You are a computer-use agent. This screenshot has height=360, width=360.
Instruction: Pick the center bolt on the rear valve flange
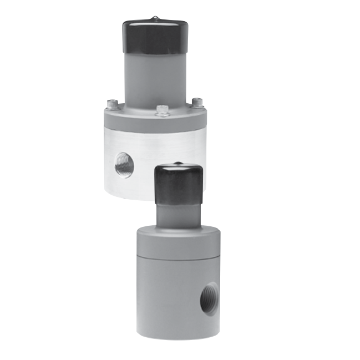161,109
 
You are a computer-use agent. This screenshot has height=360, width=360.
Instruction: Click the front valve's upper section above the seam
166,244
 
